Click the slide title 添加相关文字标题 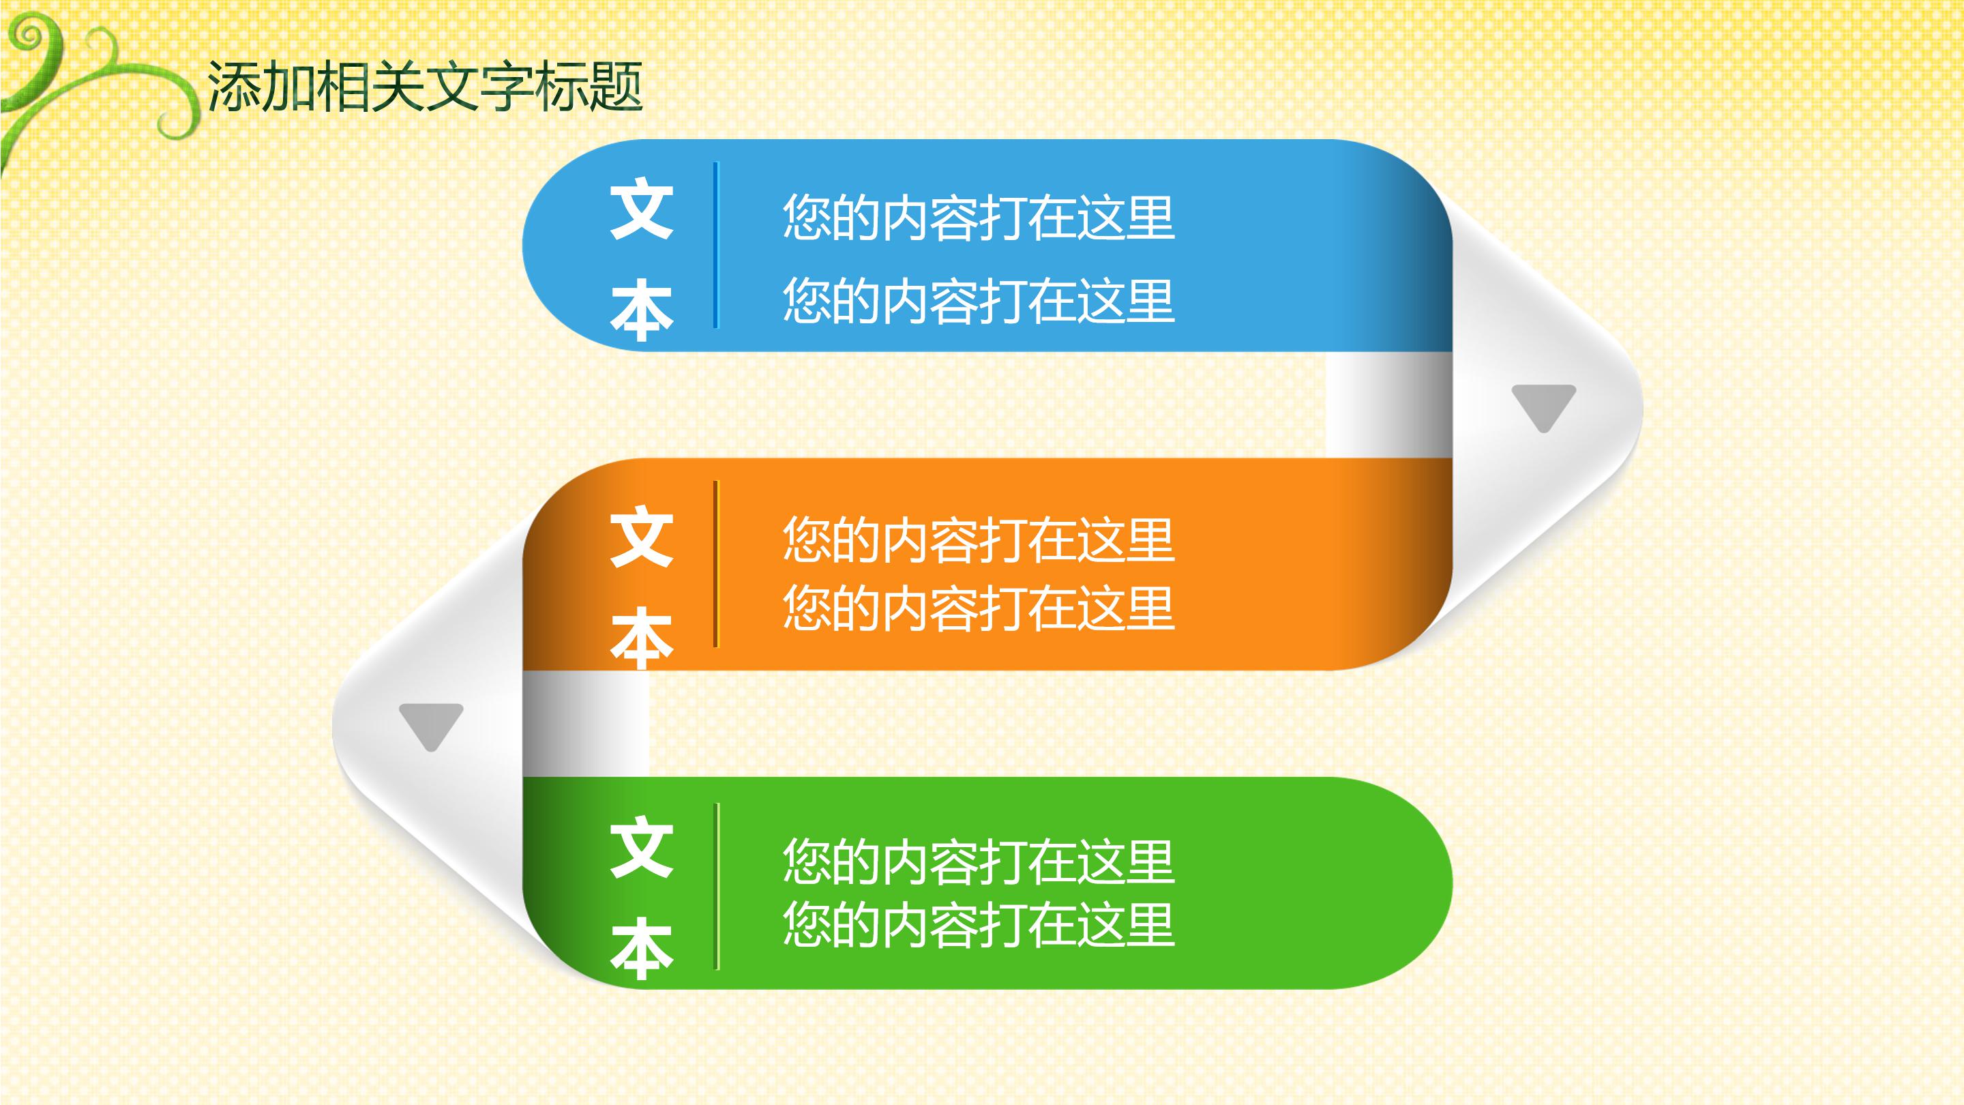(425, 86)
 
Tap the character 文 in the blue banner (641, 209)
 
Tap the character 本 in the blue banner (641, 310)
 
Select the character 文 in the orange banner (641, 537)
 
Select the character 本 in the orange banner (641, 638)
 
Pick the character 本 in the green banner (641, 948)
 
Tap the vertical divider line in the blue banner (715, 245)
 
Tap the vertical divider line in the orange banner (715, 564)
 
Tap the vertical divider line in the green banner (716, 886)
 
